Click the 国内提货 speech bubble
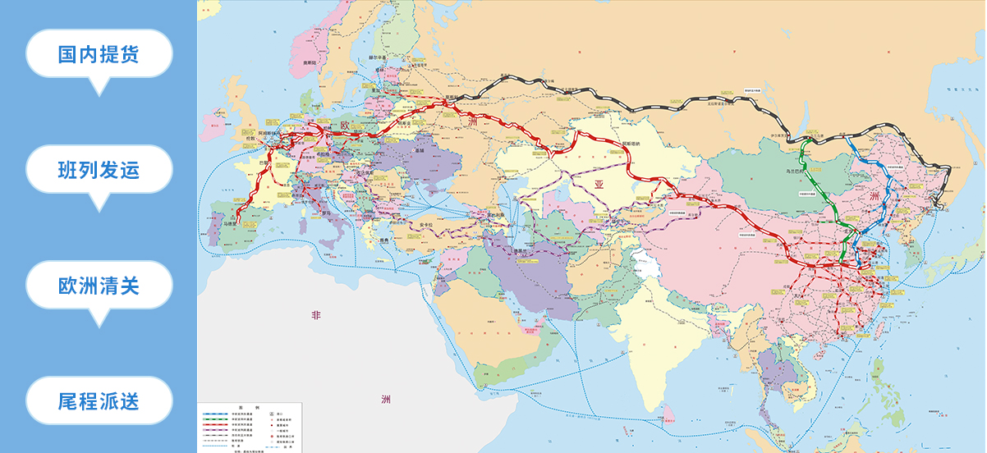(99, 54)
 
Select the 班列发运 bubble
(99, 170)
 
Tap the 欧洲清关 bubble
(99, 286)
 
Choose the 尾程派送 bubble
(99, 401)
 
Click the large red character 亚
(599, 185)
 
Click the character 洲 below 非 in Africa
(386, 400)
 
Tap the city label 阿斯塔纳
(631, 144)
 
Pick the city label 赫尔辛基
(377, 57)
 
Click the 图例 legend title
(250, 407)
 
